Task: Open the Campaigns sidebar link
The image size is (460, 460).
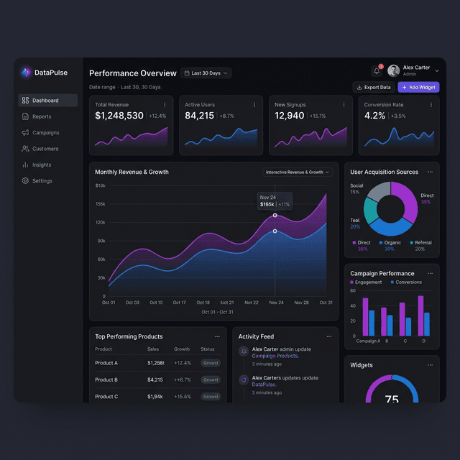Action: (x=45, y=133)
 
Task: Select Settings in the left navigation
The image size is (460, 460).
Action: (x=42, y=181)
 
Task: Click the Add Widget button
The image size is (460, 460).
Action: (x=418, y=88)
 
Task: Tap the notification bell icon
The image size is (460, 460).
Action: (x=377, y=70)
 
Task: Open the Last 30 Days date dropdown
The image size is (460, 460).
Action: (x=206, y=73)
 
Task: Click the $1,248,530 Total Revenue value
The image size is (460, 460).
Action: (x=119, y=116)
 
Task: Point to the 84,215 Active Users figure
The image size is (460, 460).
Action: (x=199, y=116)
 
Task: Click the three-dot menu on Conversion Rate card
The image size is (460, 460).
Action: (x=431, y=105)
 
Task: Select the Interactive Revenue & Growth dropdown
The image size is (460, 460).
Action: (x=298, y=172)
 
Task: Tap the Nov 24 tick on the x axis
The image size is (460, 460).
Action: (x=276, y=303)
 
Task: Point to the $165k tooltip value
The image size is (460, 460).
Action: (x=267, y=205)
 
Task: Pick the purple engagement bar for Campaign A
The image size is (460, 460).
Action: (x=365, y=316)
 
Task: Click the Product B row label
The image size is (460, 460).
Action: (x=106, y=379)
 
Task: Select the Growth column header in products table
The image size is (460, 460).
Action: (x=182, y=349)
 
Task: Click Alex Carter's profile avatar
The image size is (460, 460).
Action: (x=394, y=70)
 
